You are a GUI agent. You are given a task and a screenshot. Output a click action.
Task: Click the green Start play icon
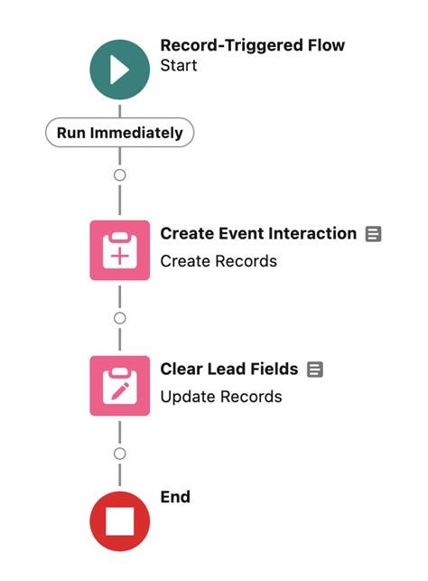(120, 70)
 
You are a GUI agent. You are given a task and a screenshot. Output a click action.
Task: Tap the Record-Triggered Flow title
(252, 45)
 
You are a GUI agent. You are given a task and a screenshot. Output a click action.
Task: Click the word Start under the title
(178, 66)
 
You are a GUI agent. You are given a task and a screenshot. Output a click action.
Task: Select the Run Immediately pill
(120, 133)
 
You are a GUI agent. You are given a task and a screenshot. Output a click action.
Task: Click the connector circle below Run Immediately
(120, 175)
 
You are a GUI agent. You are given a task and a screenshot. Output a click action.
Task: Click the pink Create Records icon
(120, 249)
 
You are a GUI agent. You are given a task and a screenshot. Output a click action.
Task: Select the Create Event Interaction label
(258, 234)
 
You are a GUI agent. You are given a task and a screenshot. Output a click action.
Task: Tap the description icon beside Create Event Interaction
(373, 234)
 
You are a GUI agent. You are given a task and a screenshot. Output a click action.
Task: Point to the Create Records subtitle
(219, 261)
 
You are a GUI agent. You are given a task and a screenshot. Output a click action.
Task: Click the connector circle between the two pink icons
(120, 318)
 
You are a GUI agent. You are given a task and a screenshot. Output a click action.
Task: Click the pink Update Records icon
(120, 386)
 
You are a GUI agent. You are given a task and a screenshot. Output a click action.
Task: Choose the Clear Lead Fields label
(228, 369)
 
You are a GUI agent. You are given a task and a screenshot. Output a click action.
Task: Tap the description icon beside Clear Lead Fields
(315, 370)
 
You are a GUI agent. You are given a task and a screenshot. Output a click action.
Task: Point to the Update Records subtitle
(220, 397)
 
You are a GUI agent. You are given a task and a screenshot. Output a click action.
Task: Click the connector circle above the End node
(120, 454)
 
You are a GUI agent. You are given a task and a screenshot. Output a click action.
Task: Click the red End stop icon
(120, 521)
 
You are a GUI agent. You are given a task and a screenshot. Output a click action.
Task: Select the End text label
(175, 497)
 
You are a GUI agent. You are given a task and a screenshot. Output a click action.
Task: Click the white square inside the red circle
(120, 521)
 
